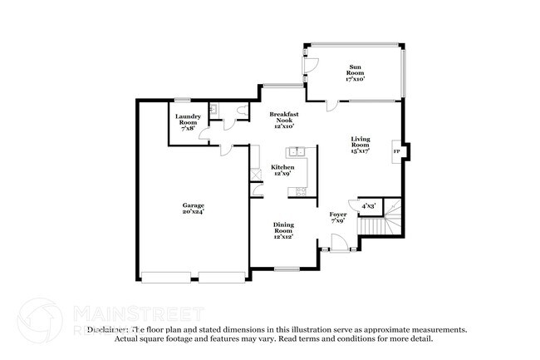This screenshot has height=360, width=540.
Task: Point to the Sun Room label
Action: pyautogui.click(x=355, y=72)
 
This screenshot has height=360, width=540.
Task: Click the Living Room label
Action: pyautogui.click(x=360, y=144)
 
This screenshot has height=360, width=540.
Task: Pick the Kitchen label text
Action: pyautogui.click(x=283, y=167)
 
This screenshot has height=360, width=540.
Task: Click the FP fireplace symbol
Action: pyautogui.click(x=395, y=152)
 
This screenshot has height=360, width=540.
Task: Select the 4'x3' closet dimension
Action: pyautogui.click(x=368, y=205)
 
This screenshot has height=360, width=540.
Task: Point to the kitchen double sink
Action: pyautogui.click(x=297, y=152)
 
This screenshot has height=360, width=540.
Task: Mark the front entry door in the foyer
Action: pyautogui.click(x=338, y=244)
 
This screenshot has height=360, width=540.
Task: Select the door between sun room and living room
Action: pyautogui.click(x=331, y=104)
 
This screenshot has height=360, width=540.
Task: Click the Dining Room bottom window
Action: pyautogui.click(x=287, y=268)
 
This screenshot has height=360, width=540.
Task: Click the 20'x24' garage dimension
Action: pyautogui.click(x=194, y=212)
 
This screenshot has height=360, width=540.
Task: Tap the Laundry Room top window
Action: pyautogui.click(x=181, y=101)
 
